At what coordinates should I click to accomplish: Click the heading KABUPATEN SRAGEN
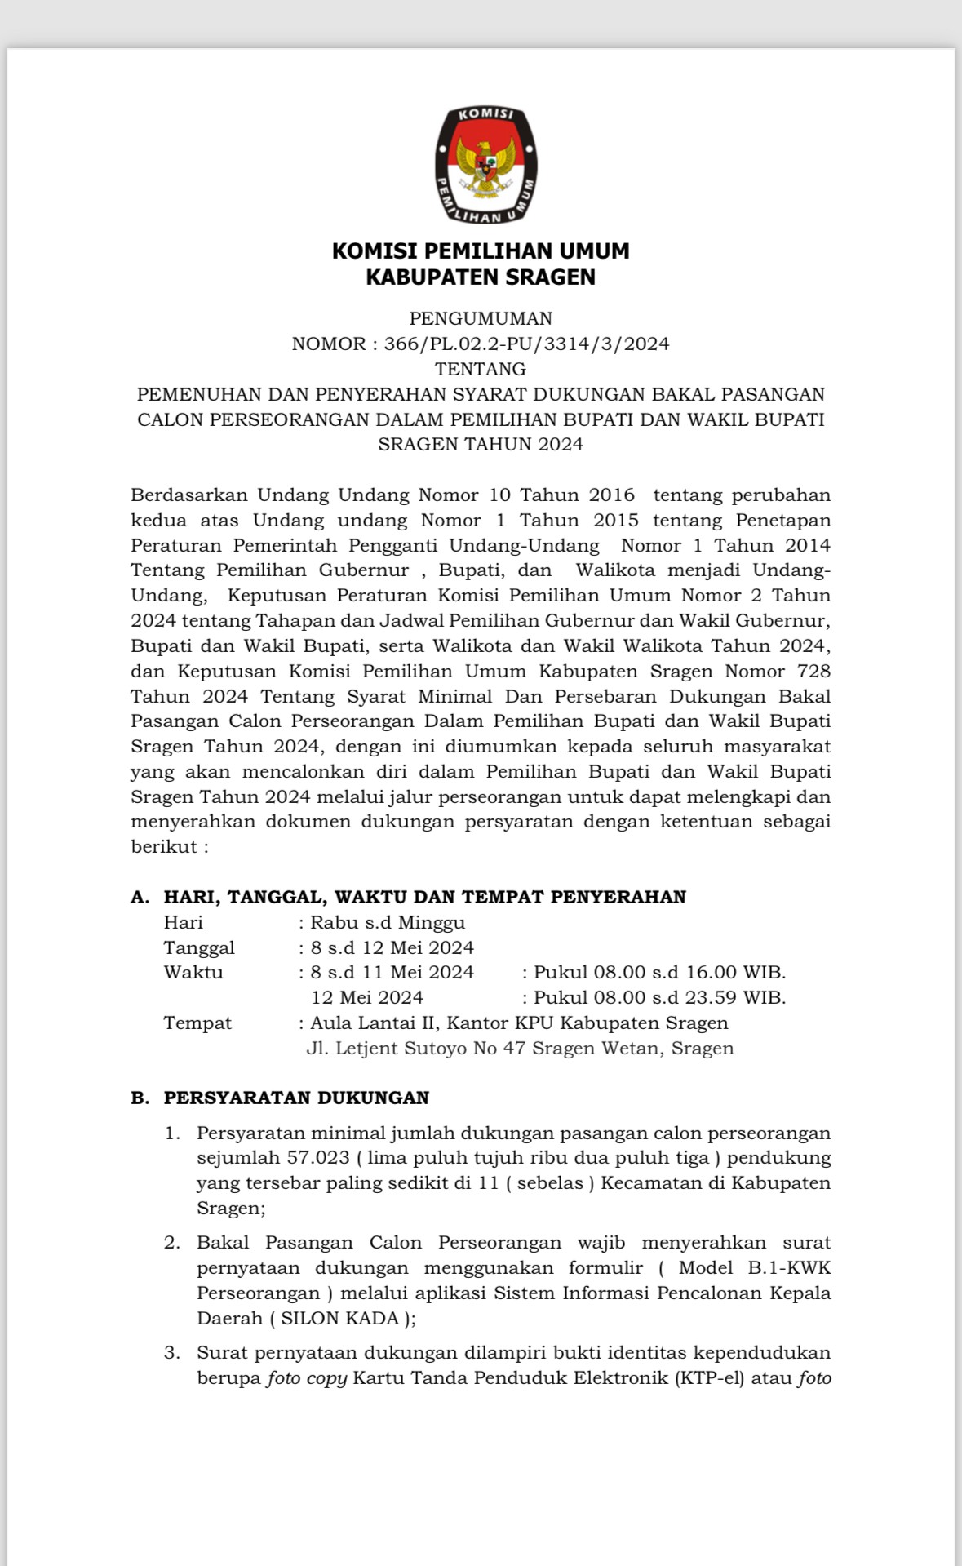[x=481, y=277]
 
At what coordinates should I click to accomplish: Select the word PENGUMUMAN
[x=481, y=318]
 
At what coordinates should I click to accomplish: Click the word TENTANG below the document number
[x=481, y=369]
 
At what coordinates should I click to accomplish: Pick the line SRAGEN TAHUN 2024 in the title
[x=481, y=445]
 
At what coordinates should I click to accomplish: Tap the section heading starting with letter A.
[x=408, y=898]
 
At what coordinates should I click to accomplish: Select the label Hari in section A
[x=184, y=923]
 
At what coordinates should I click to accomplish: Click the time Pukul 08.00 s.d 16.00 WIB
[x=659, y=973]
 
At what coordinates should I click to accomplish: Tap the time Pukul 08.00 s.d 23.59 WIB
[x=659, y=997]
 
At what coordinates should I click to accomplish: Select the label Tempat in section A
[x=197, y=1023]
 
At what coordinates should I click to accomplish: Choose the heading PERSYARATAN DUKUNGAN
[x=296, y=1098]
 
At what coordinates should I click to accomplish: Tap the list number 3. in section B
[x=171, y=1353]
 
